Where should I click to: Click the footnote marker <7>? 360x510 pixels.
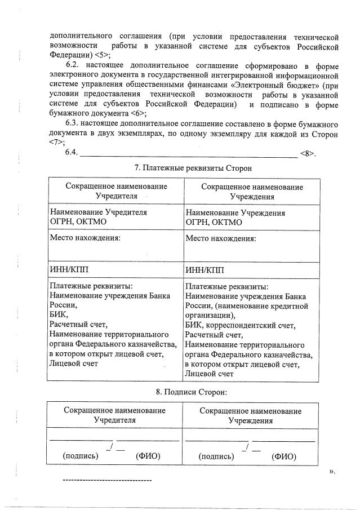[x=57, y=142]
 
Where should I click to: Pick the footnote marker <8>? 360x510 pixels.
[x=308, y=153]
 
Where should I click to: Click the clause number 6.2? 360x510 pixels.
[x=74, y=65]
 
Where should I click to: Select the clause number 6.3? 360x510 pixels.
[x=74, y=123]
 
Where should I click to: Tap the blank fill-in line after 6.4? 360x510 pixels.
[x=189, y=153]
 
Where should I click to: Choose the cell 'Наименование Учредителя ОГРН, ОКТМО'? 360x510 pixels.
[x=99, y=218]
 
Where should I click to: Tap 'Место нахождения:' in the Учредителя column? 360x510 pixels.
[x=85, y=238]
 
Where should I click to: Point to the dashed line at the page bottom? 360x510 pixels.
[x=106, y=480]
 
